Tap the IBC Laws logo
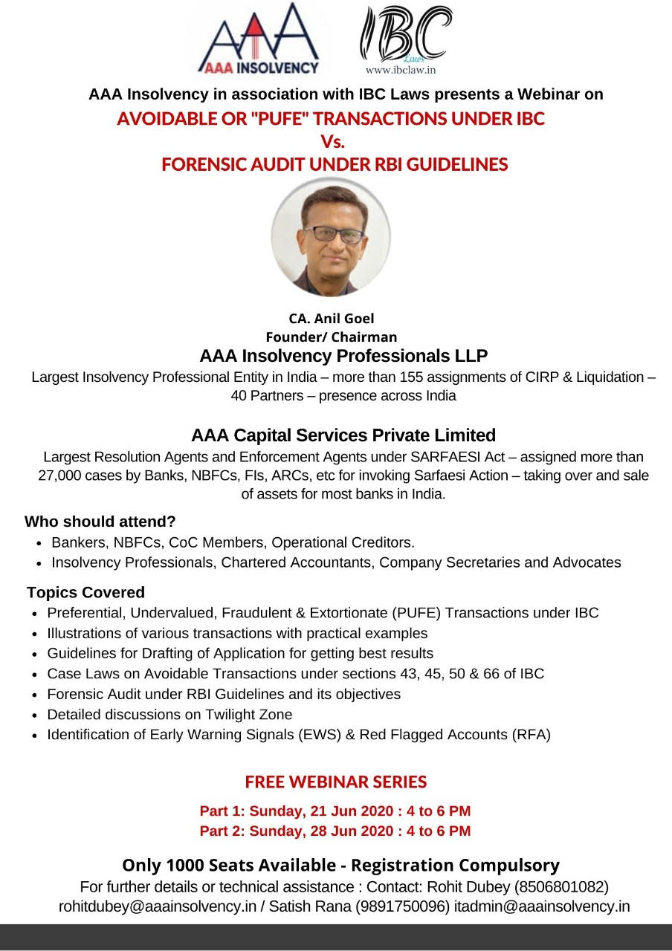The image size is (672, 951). [405, 33]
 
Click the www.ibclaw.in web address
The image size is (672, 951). [400, 70]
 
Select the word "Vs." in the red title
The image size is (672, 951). [332, 141]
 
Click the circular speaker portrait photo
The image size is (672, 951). [330, 238]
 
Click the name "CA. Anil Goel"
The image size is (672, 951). [332, 319]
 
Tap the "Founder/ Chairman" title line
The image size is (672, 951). [332, 337]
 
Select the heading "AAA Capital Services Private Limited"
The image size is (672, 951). [343, 435]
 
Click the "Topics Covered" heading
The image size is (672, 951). [85, 593]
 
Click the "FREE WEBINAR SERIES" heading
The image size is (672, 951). [336, 782]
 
